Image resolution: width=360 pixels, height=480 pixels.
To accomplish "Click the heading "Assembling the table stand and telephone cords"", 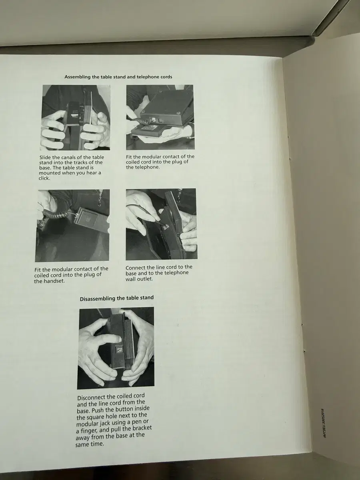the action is point(118,77).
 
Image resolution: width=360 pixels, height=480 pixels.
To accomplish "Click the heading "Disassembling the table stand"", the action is point(117,298).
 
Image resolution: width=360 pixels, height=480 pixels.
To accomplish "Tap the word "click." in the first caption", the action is point(44,178).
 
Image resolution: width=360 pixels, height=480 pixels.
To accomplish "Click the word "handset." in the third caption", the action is point(49,281).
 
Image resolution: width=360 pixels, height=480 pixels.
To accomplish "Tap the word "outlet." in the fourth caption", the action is point(145,279).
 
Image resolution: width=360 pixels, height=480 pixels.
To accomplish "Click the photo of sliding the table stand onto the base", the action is point(76,118).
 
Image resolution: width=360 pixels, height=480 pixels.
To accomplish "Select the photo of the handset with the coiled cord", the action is point(72,226).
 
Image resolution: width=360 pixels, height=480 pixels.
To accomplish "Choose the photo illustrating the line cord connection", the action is point(161,224).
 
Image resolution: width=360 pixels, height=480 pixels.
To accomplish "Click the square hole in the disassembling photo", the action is point(119,350).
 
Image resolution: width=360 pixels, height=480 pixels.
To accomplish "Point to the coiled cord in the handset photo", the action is point(55,214).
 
